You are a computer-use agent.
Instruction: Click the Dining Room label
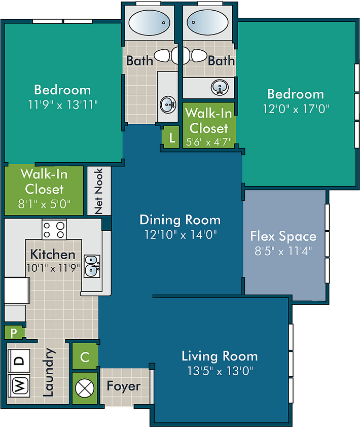[180, 220]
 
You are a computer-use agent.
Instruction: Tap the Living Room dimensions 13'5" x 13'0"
[220, 371]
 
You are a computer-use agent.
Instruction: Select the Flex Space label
[283, 236]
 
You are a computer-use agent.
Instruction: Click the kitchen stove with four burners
[54, 229]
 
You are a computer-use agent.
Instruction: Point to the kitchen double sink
[92, 264]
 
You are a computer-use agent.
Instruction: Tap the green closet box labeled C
[85, 357]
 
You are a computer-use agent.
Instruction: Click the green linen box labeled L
[172, 138]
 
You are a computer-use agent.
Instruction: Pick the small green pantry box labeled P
[14, 333]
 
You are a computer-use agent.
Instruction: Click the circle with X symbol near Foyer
[85, 388]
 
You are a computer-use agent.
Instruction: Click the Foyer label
[123, 386]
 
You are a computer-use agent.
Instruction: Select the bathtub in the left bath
[149, 23]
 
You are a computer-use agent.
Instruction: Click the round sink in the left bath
[168, 105]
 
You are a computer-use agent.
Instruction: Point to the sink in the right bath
[220, 88]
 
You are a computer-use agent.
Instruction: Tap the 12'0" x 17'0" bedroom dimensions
[296, 108]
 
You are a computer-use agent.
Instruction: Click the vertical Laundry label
[49, 372]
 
